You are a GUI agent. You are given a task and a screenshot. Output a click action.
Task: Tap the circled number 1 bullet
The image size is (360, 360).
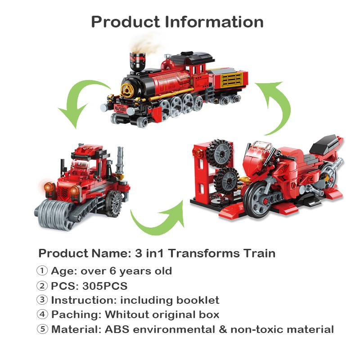pos(42,271)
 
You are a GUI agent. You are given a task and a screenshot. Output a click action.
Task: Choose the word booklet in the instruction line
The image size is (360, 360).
pos(196,300)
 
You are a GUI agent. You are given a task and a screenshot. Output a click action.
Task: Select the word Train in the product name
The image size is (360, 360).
pos(256,253)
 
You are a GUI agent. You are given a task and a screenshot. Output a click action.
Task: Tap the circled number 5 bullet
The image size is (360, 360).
pos(42,329)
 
